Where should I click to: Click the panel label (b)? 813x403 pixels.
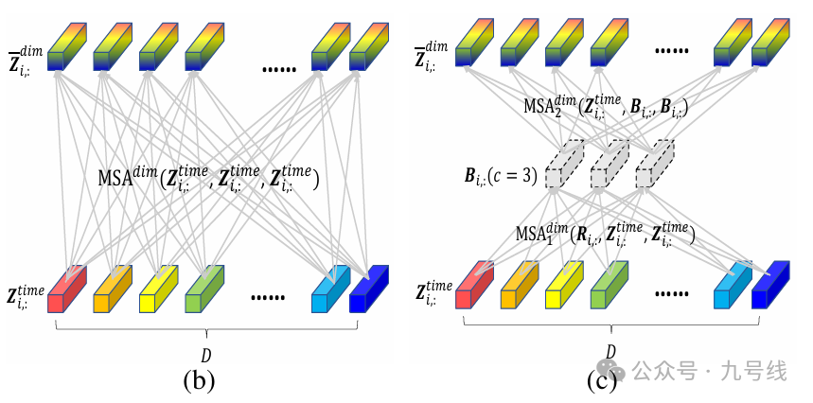(199, 380)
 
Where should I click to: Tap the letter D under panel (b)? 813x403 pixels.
(207, 356)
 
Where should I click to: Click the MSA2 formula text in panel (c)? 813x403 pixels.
(605, 107)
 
